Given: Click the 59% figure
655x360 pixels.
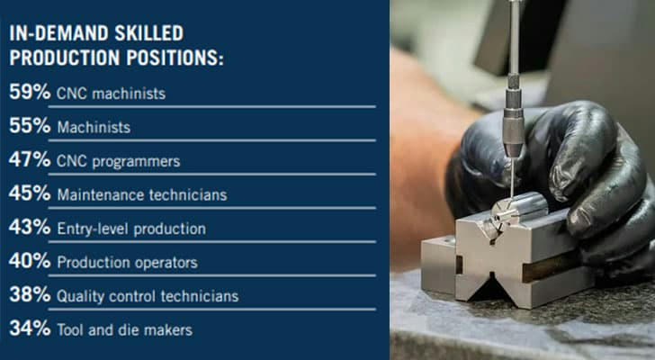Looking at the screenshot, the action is pos(30,92).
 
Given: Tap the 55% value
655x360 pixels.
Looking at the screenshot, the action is pos(30,125).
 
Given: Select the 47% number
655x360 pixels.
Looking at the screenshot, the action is pos(30,159).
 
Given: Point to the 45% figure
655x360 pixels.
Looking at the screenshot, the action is pos(30,193).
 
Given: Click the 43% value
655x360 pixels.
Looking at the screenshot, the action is pos(30,227).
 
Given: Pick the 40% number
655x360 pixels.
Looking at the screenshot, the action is pos(30,261).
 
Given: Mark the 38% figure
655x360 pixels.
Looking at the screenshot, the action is pos(30,294).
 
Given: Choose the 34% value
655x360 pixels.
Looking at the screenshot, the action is pos(30,328).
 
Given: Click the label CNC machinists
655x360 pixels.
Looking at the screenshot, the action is pos(112,94).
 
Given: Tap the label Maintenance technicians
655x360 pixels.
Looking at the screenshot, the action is pos(142,194).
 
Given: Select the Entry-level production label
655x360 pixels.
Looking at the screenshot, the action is pos(131,229).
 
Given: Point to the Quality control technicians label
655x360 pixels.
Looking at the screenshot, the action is pos(148,296).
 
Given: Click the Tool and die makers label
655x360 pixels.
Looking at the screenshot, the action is pos(125,330).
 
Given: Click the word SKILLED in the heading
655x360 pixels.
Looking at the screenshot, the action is pos(149,33).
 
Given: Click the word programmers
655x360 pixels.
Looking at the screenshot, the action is pos(136,162).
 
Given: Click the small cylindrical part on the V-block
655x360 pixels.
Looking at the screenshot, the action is pos(518,210).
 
